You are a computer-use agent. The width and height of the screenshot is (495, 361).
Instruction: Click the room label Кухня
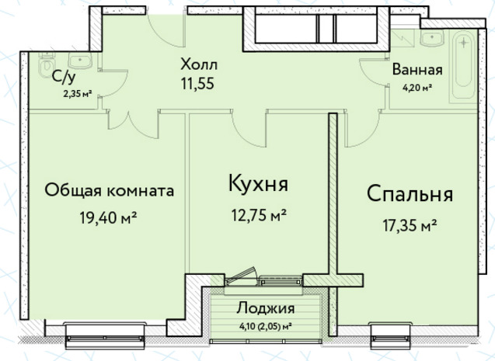258,183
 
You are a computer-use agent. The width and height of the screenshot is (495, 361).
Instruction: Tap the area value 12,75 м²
259,215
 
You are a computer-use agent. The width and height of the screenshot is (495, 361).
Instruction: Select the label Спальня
410,194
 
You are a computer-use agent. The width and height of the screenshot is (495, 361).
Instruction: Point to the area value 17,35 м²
410,225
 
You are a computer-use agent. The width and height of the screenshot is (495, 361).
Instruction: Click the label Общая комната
110,190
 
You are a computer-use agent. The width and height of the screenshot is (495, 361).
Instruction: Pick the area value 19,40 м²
108,217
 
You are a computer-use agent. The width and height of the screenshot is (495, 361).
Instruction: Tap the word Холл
199,64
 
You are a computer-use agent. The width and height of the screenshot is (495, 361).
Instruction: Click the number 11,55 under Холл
197,84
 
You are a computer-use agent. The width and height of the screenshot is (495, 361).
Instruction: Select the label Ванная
417,70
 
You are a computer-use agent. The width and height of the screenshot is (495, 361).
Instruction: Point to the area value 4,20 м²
417,88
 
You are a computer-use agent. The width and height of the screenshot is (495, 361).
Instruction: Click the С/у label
64,78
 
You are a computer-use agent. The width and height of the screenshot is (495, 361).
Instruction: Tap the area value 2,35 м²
78,94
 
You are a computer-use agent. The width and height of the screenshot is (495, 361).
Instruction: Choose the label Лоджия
266,309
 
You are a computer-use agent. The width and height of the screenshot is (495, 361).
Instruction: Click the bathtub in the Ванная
463,68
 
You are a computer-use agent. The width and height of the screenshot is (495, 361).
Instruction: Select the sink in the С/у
80,61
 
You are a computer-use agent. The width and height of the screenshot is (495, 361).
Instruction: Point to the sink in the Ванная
433,39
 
